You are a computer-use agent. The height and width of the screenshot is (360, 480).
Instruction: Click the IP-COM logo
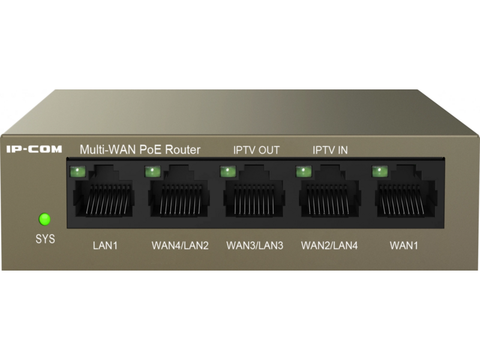34,149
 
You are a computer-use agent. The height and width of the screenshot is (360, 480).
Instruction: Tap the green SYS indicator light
44,219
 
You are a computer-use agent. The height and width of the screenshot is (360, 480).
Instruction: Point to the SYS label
46,239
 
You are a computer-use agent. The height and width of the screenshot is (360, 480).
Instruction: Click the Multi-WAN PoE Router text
140,149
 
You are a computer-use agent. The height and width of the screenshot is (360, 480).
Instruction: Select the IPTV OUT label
256,151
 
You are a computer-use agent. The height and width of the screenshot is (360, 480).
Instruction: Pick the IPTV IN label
330,151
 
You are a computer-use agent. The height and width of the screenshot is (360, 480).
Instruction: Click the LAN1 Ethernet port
104,191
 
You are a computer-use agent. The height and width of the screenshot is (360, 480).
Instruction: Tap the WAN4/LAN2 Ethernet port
179,191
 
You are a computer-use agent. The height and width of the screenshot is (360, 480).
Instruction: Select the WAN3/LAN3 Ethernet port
254,191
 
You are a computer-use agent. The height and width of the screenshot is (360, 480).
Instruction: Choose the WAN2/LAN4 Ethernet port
330,191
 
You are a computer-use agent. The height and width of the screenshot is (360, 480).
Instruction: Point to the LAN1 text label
106,245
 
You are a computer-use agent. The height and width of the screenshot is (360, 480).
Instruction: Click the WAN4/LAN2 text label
180,245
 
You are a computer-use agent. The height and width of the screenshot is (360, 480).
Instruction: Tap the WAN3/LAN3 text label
254,245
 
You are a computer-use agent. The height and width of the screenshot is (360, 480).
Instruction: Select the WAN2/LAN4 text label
329,245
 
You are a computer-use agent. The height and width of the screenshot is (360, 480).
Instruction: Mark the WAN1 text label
404,245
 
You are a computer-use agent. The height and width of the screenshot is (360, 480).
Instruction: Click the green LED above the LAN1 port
77,172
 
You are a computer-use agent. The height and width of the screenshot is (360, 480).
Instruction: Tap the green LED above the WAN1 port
380,172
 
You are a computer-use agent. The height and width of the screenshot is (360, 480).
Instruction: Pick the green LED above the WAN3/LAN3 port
228,172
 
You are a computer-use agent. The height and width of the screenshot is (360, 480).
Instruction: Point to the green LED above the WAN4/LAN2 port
153,172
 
